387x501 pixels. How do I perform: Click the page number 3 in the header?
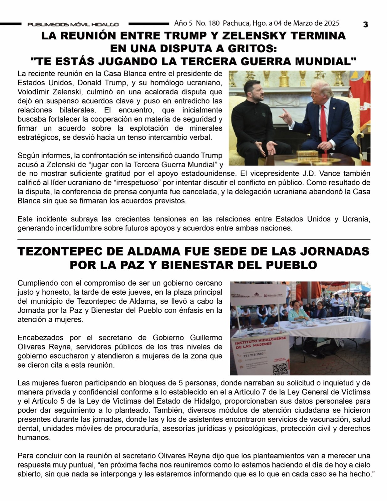365,24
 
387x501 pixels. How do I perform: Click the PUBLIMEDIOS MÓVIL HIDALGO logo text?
73,24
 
